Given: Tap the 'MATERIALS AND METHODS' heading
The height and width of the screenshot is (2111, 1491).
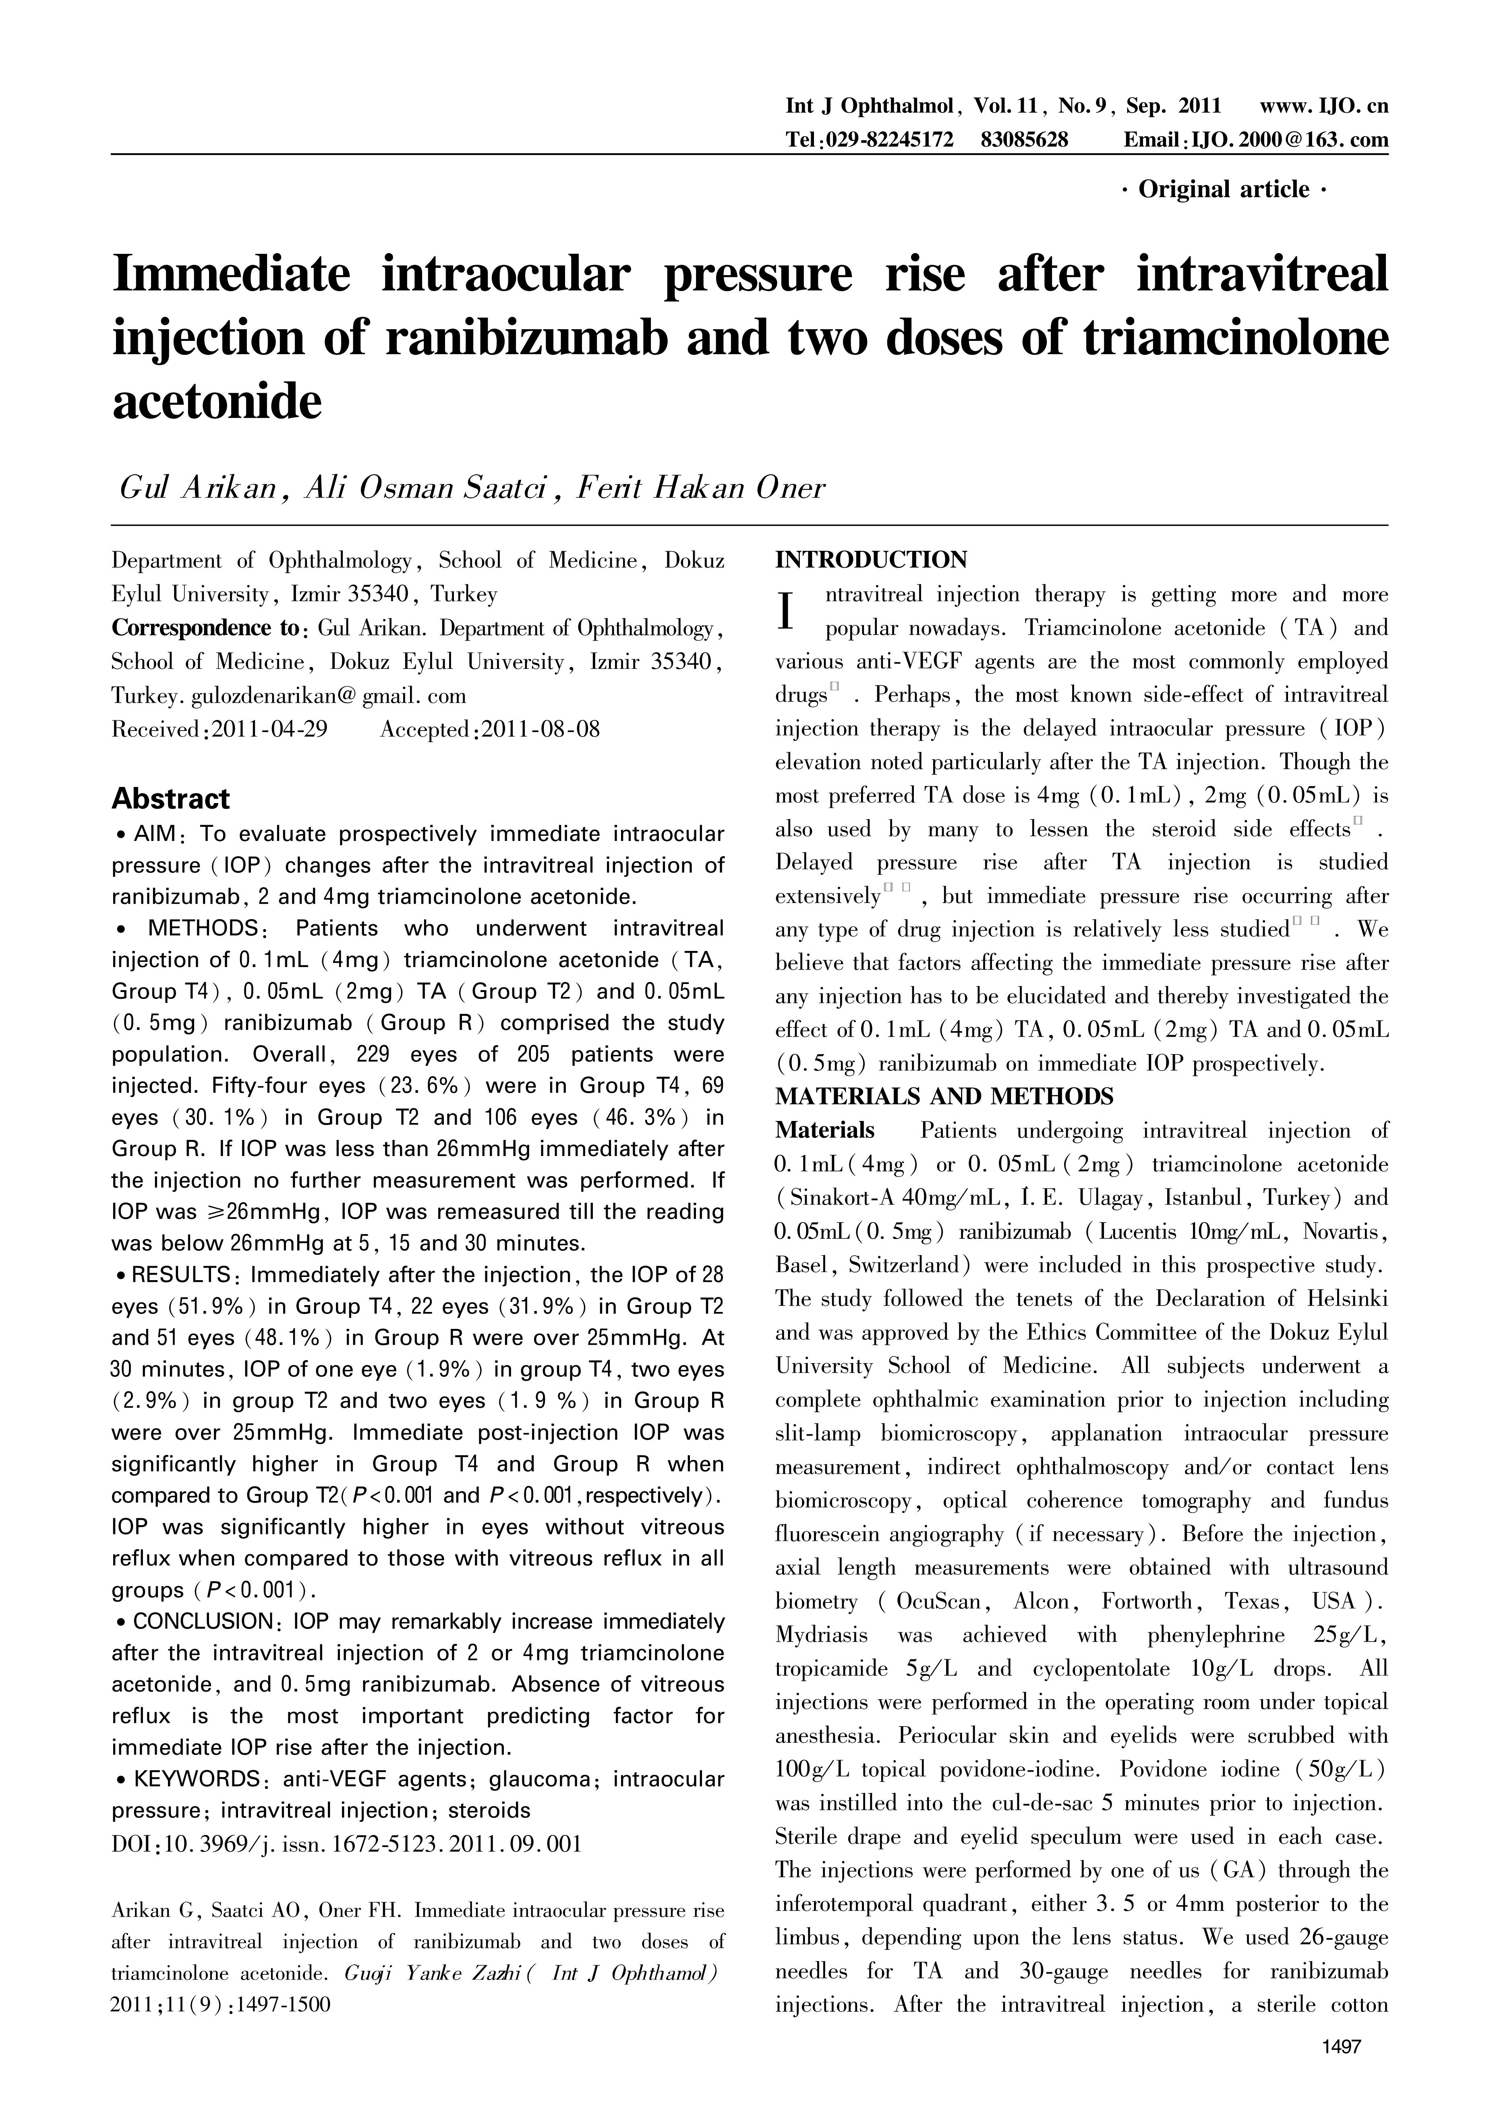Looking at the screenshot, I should click(x=944, y=1097).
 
